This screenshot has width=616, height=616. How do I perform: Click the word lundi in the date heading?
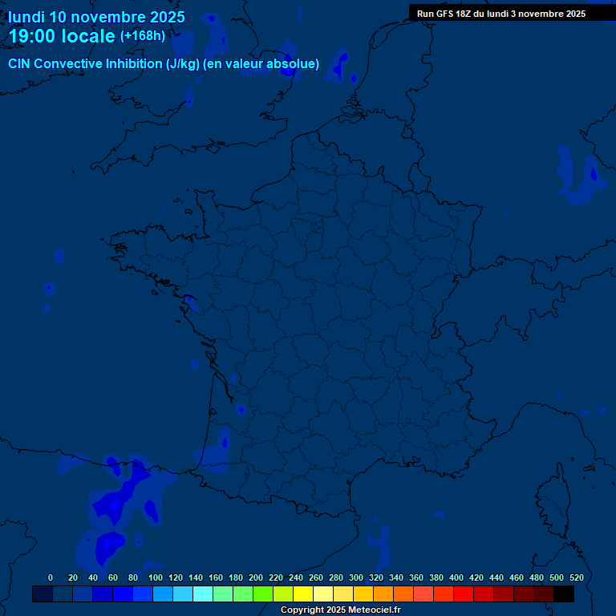pyautogui.click(x=26, y=17)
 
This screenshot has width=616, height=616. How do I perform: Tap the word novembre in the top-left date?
pyautogui.click(x=107, y=17)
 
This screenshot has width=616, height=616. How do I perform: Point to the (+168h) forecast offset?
pyautogui.click(x=142, y=36)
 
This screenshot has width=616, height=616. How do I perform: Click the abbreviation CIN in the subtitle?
pyautogui.click(x=20, y=64)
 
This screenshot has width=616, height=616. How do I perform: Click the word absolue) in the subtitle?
pyautogui.click(x=294, y=64)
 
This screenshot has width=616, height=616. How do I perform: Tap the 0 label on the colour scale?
pyautogui.click(x=51, y=577)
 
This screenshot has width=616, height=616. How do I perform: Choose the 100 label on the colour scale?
pyautogui.click(x=155, y=577)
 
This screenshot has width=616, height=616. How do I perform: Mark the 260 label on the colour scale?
pyautogui.click(x=315, y=577)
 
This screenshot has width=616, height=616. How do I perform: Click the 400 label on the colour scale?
pyautogui.click(x=456, y=577)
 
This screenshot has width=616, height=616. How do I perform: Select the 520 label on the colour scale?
pyautogui.click(x=576, y=577)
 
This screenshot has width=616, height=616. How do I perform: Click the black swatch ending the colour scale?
pyautogui.click(x=564, y=594)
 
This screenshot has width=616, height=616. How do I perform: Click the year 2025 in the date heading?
pyautogui.click(x=161, y=17)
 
